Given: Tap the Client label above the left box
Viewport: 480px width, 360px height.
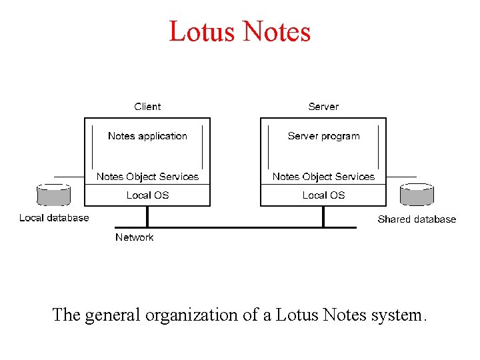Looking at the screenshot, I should tap(147, 107).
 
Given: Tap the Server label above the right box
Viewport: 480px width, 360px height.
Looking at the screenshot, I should tap(323, 107).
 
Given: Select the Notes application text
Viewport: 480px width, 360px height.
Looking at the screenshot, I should tap(147, 136).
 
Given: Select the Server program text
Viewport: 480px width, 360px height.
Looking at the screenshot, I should tap(323, 136).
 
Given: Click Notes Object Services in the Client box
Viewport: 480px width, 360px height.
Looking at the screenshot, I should tap(147, 177).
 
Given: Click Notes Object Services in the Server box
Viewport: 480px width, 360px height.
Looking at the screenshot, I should tap(323, 177).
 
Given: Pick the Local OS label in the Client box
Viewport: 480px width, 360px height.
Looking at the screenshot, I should tap(147, 195).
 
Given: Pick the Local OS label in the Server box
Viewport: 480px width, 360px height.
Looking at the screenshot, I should tap(323, 195).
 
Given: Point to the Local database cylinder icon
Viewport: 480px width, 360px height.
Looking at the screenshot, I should tap(53, 195).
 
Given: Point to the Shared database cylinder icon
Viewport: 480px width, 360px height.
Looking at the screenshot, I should tap(417, 195).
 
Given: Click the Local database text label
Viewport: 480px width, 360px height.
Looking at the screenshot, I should tap(54, 218).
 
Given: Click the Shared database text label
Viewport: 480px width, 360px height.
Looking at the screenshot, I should tap(417, 219).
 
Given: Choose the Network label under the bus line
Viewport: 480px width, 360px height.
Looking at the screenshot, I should tap(134, 237).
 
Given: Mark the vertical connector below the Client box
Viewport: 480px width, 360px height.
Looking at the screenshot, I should tap(147, 216).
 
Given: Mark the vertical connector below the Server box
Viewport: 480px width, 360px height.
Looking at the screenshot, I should tap(323, 216).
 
